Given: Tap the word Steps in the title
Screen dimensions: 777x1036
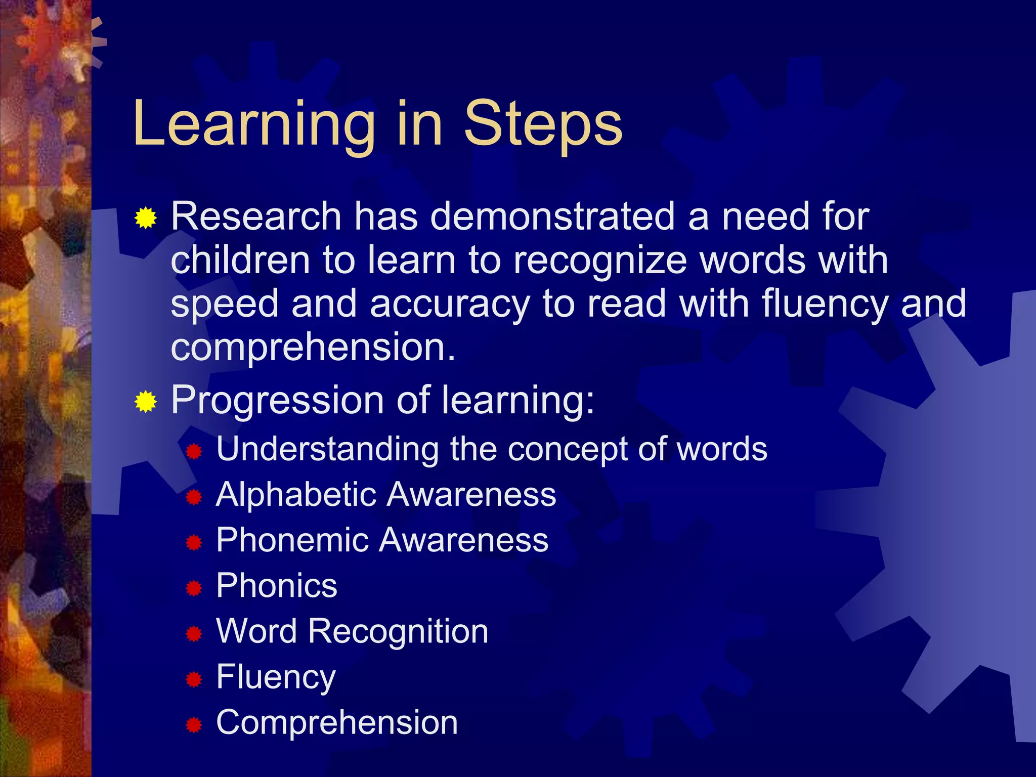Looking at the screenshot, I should tap(543, 124).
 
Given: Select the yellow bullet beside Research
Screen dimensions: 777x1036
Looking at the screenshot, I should tap(146, 218).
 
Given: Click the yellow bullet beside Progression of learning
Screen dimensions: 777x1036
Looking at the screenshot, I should tap(146, 402).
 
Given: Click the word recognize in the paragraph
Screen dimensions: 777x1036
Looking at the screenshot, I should tap(600, 260).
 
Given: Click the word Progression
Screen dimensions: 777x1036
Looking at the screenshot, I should tap(277, 400).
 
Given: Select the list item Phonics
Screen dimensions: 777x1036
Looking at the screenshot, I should tap(276, 586).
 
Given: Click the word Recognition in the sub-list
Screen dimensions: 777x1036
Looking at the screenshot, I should tap(398, 632).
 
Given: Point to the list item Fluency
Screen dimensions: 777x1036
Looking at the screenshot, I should tap(276, 677).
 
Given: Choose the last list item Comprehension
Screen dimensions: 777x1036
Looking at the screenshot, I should tap(337, 722).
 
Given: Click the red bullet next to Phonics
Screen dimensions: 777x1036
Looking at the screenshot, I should tap(194, 588).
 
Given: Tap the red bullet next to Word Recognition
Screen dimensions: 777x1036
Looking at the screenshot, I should tap(194, 633).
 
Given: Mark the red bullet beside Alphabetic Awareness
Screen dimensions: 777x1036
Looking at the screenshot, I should tap(194, 497).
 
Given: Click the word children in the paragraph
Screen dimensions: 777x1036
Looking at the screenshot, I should tap(240, 260).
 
